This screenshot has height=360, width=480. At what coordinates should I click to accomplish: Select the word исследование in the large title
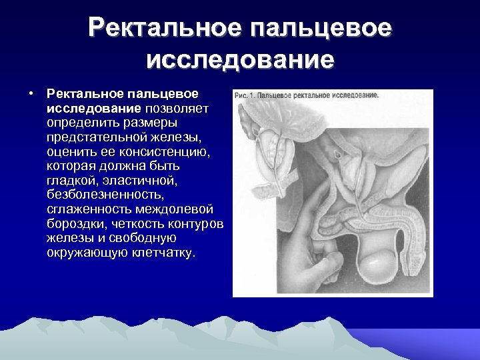pyautogui.click(x=240, y=60)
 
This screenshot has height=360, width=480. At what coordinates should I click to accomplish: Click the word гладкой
pyautogui.click(x=69, y=181)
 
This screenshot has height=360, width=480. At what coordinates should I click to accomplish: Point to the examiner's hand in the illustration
pyautogui.click(x=293, y=247)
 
